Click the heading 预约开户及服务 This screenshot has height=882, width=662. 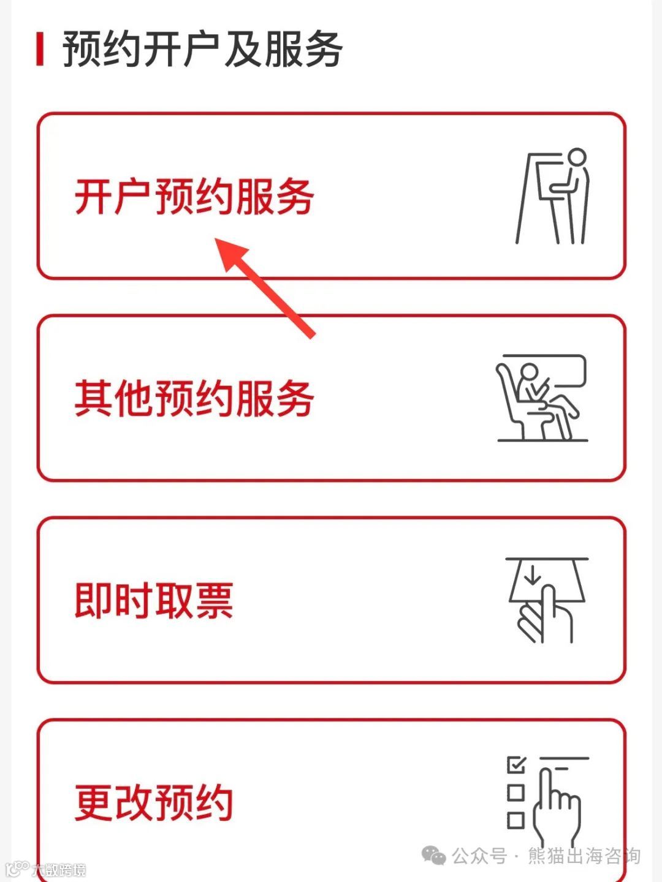pyautogui.click(x=202, y=49)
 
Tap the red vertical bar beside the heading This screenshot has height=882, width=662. pyautogui.click(x=40, y=49)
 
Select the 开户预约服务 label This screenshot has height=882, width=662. pyautogui.click(x=194, y=197)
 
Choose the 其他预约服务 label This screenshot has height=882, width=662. pyautogui.click(x=194, y=399)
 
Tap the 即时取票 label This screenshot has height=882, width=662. pyautogui.click(x=154, y=600)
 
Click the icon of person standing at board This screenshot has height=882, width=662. pyautogui.click(x=552, y=196)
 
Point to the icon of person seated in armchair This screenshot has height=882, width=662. pyautogui.click(x=542, y=398)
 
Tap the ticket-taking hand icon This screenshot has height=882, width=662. pyautogui.click(x=547, y=600)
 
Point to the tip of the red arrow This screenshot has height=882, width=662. pyautogui.click(x=215, y=238)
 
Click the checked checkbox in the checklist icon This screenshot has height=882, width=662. pyautogui.click(x=516, y=764)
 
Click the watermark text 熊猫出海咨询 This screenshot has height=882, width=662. pyautogui.click(x=584, y=855)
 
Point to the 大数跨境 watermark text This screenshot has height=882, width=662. pyautogui.click(x=59, y=870)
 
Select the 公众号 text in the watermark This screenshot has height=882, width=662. pyautogui.click(x=479, y=855)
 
